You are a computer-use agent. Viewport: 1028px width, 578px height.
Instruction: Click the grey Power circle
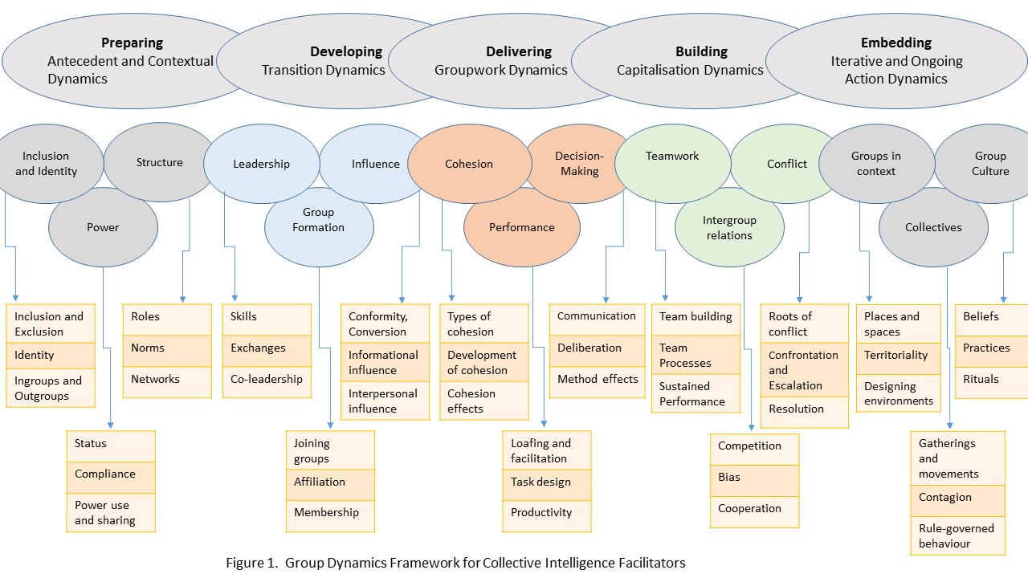[x=103, y=228]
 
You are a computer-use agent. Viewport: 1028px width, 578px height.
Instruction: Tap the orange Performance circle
[x=522, y=228]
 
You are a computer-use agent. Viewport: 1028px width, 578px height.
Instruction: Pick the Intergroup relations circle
[x=729, y=228]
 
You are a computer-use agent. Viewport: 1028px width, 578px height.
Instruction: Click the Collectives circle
[x=933, y=228]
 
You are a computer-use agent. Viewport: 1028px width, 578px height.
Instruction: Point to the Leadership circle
[x=261, y=164]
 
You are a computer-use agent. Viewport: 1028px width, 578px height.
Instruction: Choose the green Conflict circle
[x=787, y=164]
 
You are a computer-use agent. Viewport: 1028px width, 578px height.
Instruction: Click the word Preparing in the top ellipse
[x=132, y=43]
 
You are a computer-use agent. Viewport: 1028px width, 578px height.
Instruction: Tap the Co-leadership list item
[x=267, y=379]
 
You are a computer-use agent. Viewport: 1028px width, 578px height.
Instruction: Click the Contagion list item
[x=945, y=498]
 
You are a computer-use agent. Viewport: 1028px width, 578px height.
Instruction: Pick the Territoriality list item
[x=895, y=355]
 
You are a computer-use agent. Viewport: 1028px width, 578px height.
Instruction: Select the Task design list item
[x=541, y=482]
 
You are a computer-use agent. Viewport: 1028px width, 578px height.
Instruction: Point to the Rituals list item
[x=981, y=379]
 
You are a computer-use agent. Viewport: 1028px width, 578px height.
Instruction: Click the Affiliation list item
[x=320, y=482]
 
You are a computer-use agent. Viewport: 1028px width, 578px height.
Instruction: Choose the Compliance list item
[x=105, y=474]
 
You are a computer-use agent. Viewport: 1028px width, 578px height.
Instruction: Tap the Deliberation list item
[x=589, y=348]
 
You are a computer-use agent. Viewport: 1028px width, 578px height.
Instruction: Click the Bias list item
[x=729, y=477]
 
